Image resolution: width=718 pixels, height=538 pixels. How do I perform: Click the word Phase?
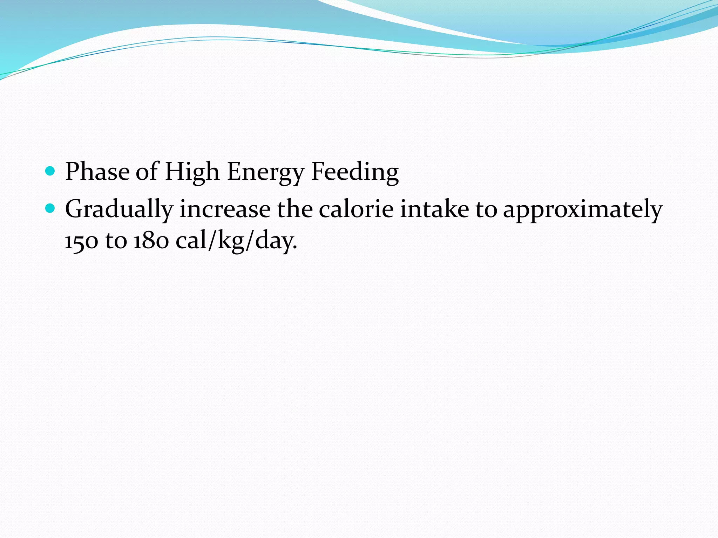(x=97, y=172)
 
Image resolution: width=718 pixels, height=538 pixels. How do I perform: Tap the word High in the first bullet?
(x=192, y=172)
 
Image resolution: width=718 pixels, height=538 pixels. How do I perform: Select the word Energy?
(x=265, y=172)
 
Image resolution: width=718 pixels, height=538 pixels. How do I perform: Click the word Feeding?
(x=355, y=172)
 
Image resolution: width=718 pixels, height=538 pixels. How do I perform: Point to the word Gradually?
(x=119, y=209)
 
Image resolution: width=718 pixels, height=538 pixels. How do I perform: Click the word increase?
(x=225, y=209)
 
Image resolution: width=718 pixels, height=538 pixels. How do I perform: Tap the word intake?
(x=434, y=209)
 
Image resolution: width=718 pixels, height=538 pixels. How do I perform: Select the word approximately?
(x=583, y=209)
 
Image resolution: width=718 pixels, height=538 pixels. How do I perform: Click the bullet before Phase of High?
(x=50, y=171)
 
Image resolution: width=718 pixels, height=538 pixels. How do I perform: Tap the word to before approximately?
(x=486, y=209)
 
